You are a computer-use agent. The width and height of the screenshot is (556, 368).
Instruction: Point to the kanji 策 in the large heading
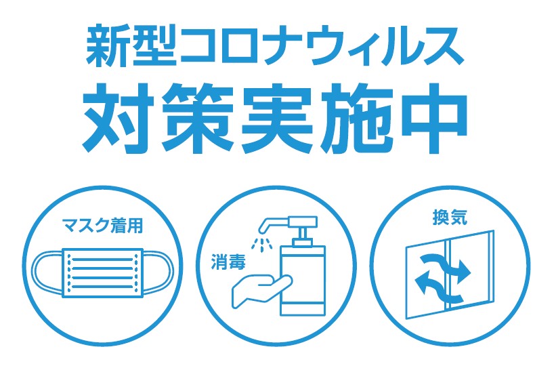[x=198, y=118]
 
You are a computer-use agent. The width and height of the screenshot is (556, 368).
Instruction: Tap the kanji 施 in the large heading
[x=356, y=118]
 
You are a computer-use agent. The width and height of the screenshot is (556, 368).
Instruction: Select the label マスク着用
[x=102, y=226]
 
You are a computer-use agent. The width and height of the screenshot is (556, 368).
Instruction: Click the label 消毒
[x=228, y=262]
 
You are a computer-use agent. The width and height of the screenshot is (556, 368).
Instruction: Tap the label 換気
[x=450, y=218]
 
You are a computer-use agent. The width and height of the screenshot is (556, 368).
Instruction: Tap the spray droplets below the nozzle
[x=261, y=244]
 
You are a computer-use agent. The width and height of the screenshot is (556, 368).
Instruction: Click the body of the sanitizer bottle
[x=303, y=280]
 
